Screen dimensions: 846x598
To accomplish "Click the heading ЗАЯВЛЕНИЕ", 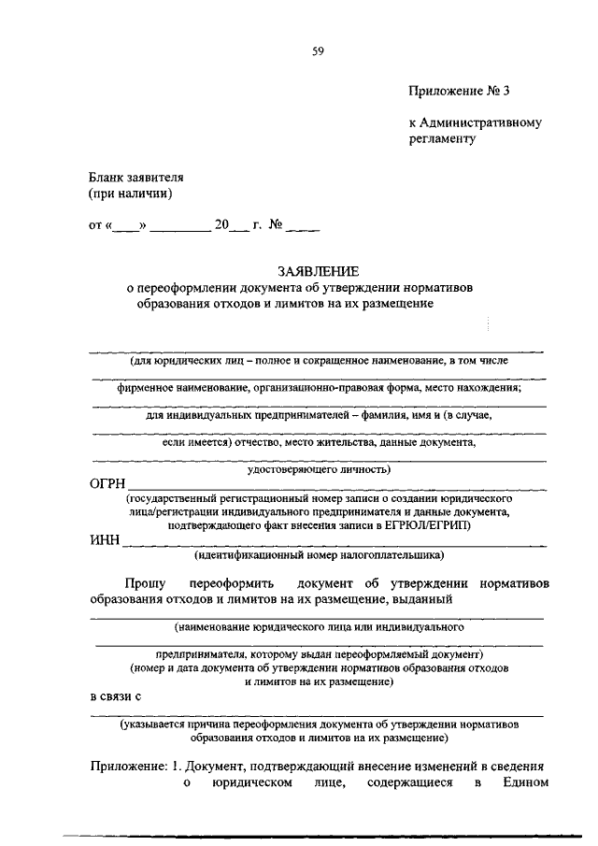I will point(318,271).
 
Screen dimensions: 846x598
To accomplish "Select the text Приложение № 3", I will point(462,91).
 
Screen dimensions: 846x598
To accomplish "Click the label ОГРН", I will point(107,484).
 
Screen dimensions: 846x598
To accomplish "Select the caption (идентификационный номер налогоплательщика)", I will point(318,556).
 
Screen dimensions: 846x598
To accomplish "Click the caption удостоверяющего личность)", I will point(318,469).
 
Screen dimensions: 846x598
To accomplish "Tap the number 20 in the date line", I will point(221,224).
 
